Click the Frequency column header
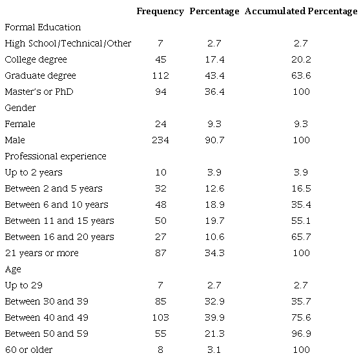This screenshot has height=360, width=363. [161, 11]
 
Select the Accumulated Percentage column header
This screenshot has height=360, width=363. [301, 11]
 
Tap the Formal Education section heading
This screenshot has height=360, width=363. [43, 28]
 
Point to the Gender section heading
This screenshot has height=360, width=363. [20, 108]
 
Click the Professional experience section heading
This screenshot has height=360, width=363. [56, 156]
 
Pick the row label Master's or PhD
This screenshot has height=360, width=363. [39, 92]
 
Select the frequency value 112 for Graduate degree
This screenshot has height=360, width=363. [161, 75]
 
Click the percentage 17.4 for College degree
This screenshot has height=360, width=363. [215, 59]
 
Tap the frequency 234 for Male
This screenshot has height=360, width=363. [161, 140]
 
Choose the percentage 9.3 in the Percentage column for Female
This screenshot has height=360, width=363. [215, 124]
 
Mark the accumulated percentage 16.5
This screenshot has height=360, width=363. [301, 188]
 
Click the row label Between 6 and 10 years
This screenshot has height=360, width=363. [57, 205]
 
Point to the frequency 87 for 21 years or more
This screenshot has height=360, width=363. [161, 253]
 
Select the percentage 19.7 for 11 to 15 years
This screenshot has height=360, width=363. [215, 221]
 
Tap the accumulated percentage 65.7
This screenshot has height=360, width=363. [301, 237]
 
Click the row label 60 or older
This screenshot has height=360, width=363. [28, 350]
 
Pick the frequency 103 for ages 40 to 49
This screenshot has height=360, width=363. [161, 317]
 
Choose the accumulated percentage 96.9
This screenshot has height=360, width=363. [301, 334]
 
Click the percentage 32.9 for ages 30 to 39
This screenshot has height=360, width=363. [215, 301]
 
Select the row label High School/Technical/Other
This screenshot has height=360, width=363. [68, 43]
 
